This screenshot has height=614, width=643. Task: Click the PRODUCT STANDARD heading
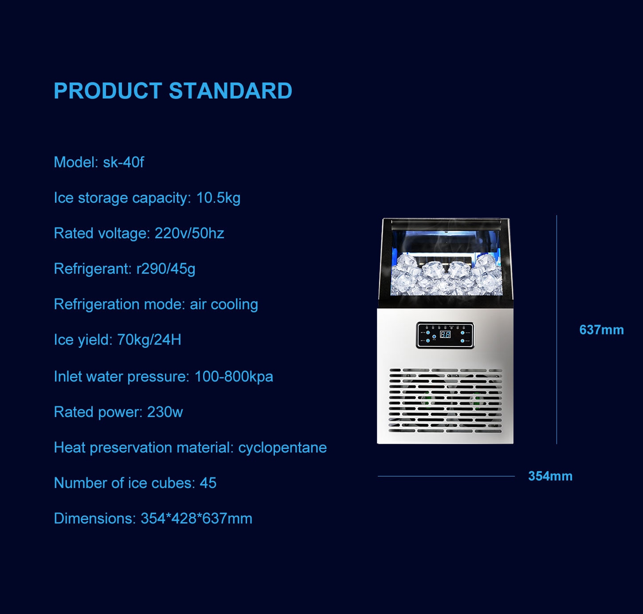click(x=173, y=91)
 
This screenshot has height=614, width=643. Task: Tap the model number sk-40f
click(x=123, y=162)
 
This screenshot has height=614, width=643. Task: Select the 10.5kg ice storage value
click(x=218, y=198)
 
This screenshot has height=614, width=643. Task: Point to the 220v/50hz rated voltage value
click(x=189, y=233)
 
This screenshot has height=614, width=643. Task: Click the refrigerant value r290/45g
click(x=165, y=269)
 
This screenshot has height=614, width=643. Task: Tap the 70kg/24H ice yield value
click(x=149, y=340)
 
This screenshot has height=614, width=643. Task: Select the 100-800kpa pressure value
click(x=234, y=377)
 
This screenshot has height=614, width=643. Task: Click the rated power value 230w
click(x=165, y=412)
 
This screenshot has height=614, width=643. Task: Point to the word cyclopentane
click(x=282, y=448)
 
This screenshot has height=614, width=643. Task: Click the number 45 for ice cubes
click(x=208, y=483)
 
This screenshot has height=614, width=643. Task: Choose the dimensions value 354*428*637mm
click(x=196, y=519)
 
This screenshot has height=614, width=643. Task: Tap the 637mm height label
click(x=601, y=330)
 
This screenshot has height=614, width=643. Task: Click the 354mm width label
click(x=550, y=476)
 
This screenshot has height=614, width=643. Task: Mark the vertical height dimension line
click(x=557, y=330)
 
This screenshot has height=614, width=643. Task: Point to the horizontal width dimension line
click(x=446, y=476)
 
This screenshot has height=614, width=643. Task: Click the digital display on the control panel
click(x=445, y=334)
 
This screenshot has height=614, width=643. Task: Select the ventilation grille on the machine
click(x=446, y=400)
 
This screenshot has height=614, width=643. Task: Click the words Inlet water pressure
click(x=122, y=377)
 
